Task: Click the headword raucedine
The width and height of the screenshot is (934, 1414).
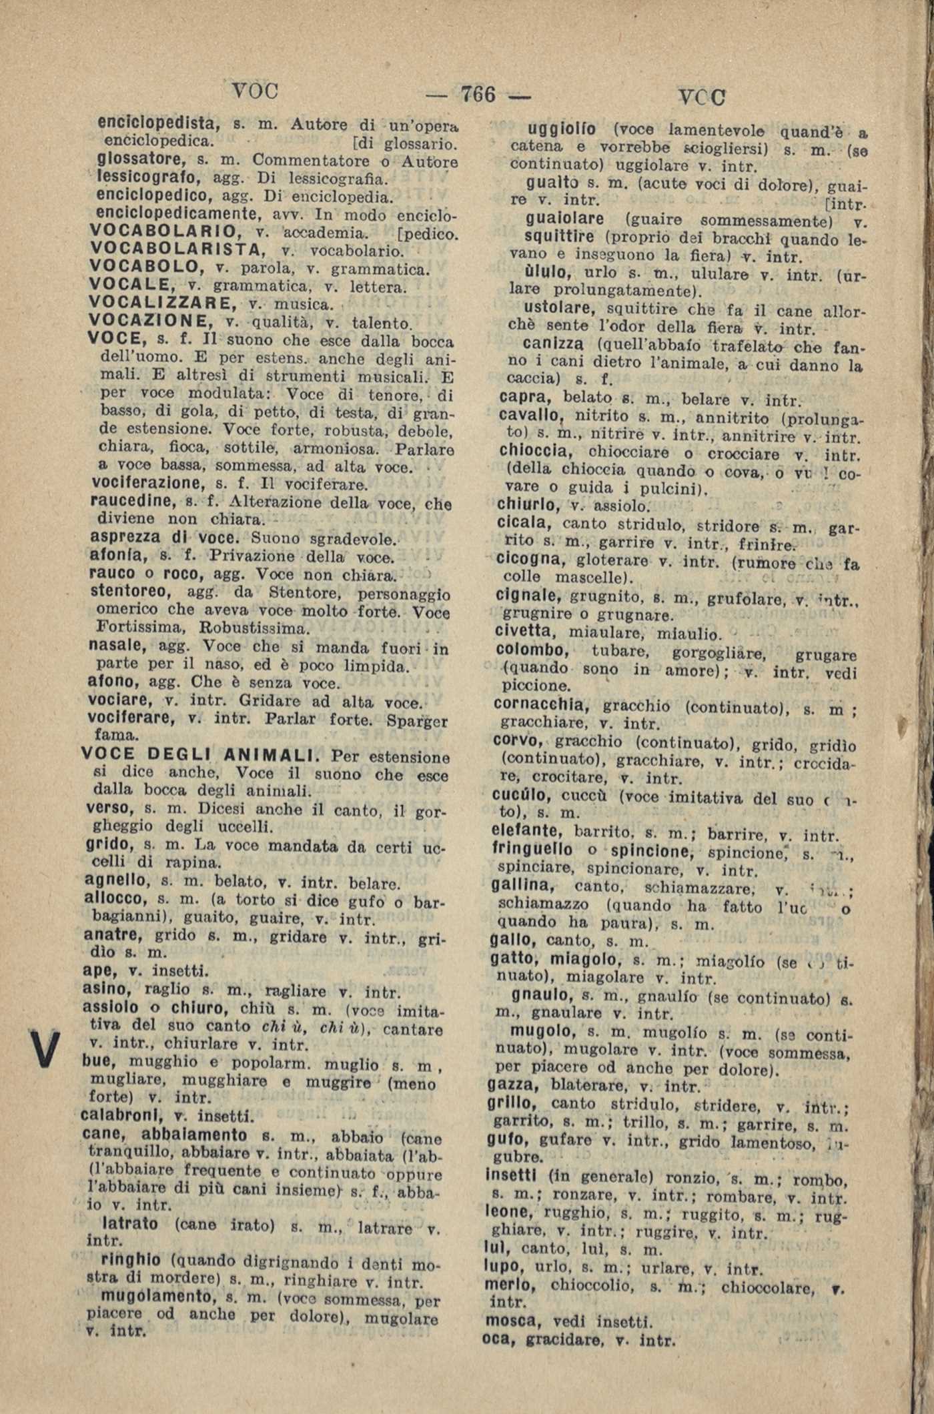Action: [130, 501]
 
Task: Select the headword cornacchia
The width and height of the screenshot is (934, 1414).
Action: [541, 704]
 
